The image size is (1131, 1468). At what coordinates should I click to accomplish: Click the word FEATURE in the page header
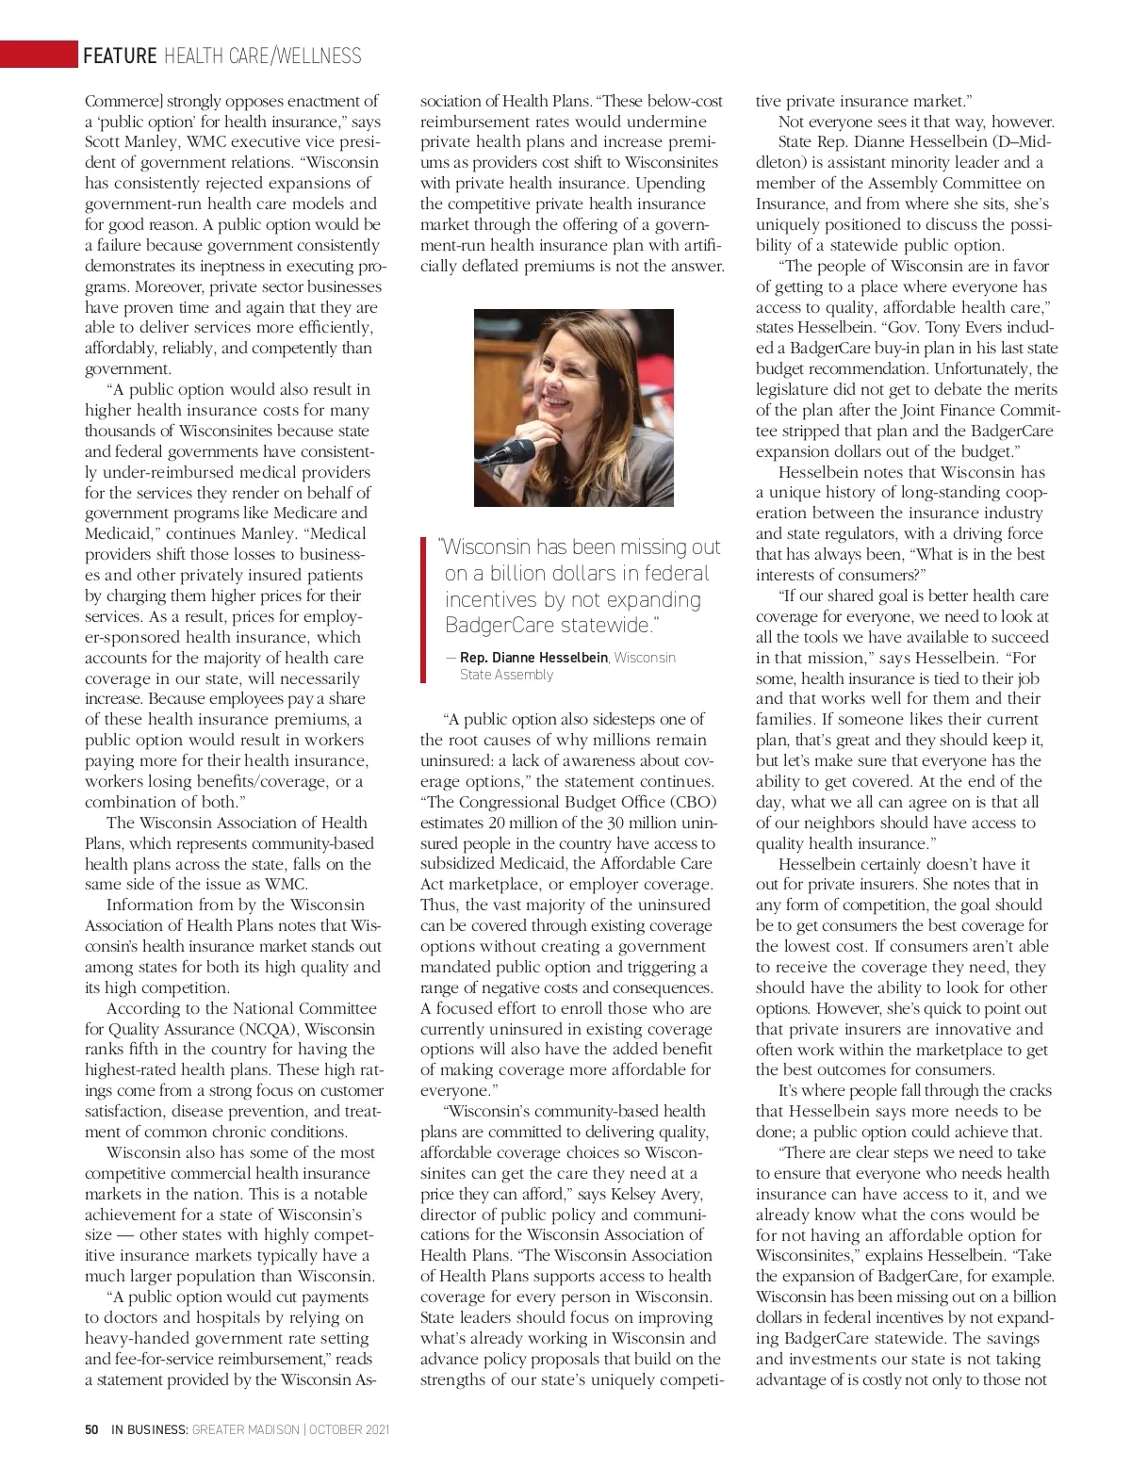120,56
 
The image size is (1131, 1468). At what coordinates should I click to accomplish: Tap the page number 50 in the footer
91,1429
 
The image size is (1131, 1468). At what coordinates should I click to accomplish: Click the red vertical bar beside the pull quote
423,607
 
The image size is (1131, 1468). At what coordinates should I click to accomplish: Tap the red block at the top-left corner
38,55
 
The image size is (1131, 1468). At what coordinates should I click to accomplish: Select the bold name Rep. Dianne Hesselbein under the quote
534,657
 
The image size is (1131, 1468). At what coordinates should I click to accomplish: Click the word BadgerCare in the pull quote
498,625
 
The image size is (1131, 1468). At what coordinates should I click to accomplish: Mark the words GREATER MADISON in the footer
244,1429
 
